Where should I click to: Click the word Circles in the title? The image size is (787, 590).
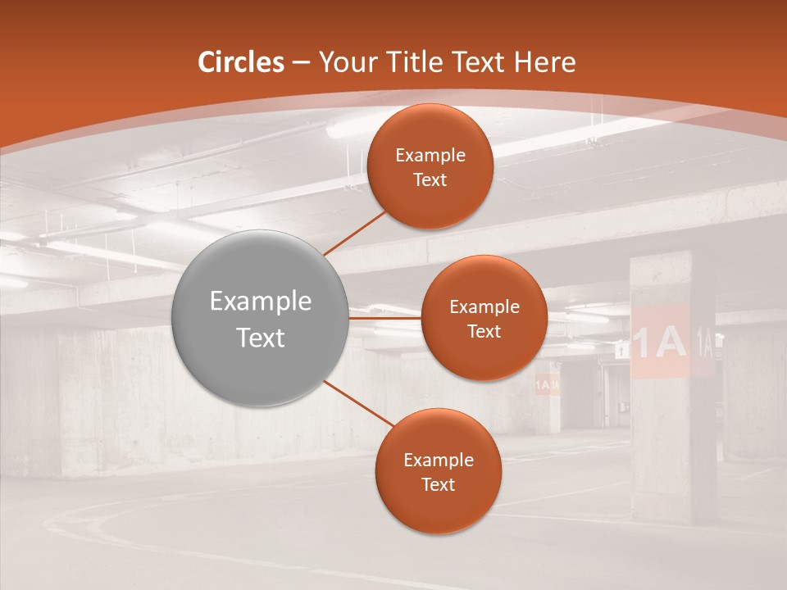point(240,62)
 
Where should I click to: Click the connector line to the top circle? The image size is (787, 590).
point(354,232)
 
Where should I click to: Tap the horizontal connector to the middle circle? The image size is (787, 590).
point(385,317)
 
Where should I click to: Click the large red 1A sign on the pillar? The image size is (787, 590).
point(660,343)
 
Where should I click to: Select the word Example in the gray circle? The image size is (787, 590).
point(260,302)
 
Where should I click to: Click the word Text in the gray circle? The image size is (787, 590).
point(260,338)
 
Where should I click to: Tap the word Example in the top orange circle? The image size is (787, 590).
point(430,156)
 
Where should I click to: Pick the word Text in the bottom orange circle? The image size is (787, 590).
point(438,484)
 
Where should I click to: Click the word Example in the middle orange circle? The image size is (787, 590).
point(484,307)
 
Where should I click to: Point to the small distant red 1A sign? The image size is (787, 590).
point(547,383)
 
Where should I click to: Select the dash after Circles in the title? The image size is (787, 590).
point(301,63)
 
